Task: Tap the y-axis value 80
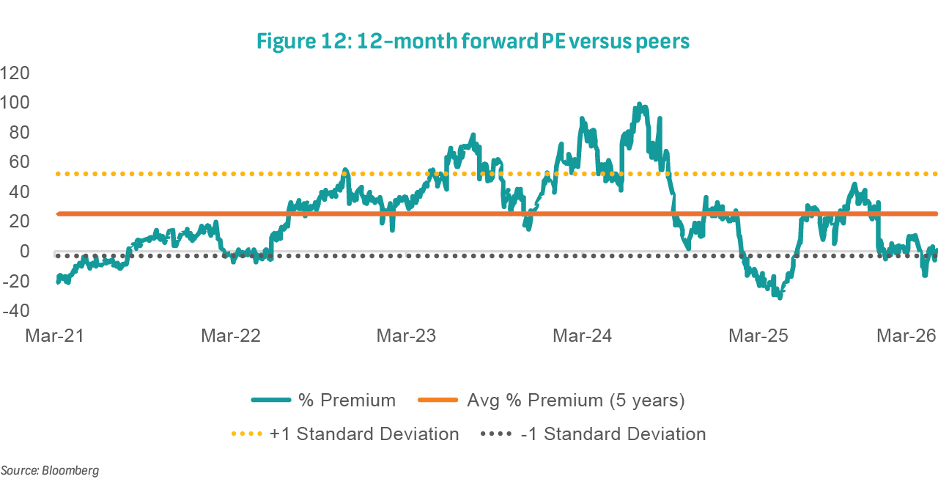click(x=18, y=133)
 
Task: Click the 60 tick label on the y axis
click(x=18, y=162)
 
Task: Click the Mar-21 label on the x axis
click(x=54, y=337)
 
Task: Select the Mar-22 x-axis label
click(x=230, y=337)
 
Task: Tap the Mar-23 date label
click(x=406, y=337)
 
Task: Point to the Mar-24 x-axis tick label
click(x=582, y=337)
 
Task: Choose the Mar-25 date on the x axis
click(x=758, y=337)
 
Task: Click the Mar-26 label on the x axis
click(x=907, y=337)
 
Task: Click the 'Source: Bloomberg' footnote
click(x=49, y=470)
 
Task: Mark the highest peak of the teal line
click(x=639, y=104)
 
